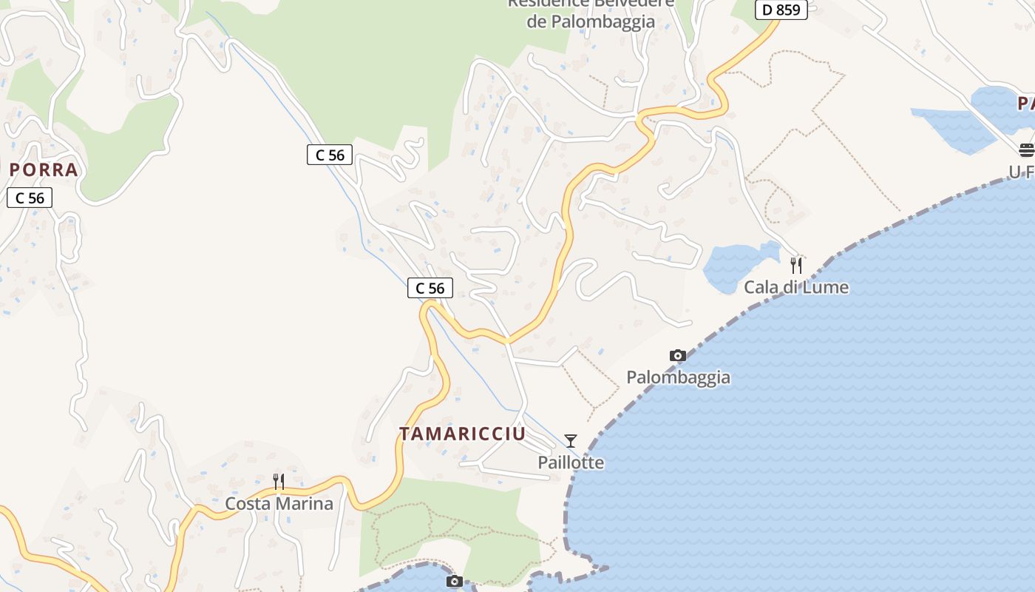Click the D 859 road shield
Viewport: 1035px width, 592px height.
pos(781,10)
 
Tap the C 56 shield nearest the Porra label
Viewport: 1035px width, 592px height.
pos(30,198)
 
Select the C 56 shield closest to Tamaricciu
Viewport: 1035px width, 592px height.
pos(430,288)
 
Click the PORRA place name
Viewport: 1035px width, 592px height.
pos(44,170)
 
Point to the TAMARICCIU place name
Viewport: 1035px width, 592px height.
pos(463,434)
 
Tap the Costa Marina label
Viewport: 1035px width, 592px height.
pos(279,504)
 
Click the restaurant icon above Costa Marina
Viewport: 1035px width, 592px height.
pos(279,482)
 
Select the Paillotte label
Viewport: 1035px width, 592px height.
pos(571,462)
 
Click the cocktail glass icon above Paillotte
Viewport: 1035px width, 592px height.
pos(571,441)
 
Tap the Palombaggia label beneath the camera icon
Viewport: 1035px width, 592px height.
pos(678,377)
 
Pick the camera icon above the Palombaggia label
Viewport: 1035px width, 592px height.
pos(677,356)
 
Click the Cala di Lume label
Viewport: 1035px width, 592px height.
pos(796,287)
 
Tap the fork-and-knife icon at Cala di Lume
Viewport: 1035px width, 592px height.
pos(796,265)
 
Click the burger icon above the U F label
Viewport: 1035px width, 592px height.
pos(1026,150)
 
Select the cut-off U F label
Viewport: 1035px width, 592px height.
pos(1021,172)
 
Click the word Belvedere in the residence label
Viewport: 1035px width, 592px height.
pos(634,3)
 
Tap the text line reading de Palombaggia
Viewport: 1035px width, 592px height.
pos(591,21)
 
